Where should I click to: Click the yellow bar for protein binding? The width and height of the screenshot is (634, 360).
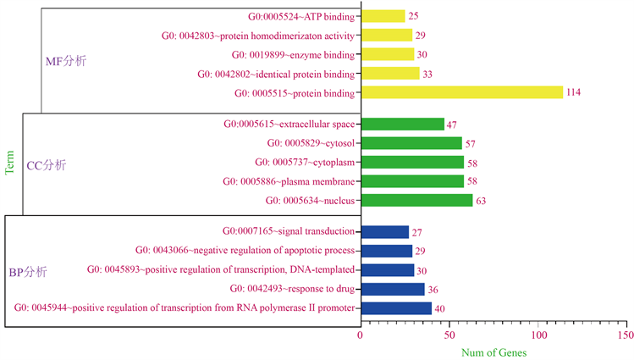(x=461, y=92)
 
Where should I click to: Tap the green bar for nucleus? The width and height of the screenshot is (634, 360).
(x=416, y=200)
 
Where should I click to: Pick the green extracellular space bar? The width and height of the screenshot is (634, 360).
(x=402, y=125)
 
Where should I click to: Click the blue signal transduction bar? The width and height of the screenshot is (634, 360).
(x=385, y=231)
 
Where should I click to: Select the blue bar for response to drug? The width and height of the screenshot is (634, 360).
(x=393, y=289)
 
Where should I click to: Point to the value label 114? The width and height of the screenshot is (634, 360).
(x=576, y=92)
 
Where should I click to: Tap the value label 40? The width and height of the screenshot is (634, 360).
(x=439, y=308)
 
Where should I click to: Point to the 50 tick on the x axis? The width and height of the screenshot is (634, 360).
(x=449, y=335)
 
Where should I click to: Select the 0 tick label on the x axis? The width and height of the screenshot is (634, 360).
(x=361, y=335)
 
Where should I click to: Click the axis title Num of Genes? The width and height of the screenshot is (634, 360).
(x=493, y=352)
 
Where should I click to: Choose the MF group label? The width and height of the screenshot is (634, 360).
(x=65, y=62)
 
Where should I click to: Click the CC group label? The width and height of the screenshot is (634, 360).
(x=47, y=165)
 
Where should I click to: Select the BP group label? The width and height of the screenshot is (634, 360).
(x=28, y=272)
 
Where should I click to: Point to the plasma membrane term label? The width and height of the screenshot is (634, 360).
(x=289, y=181)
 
